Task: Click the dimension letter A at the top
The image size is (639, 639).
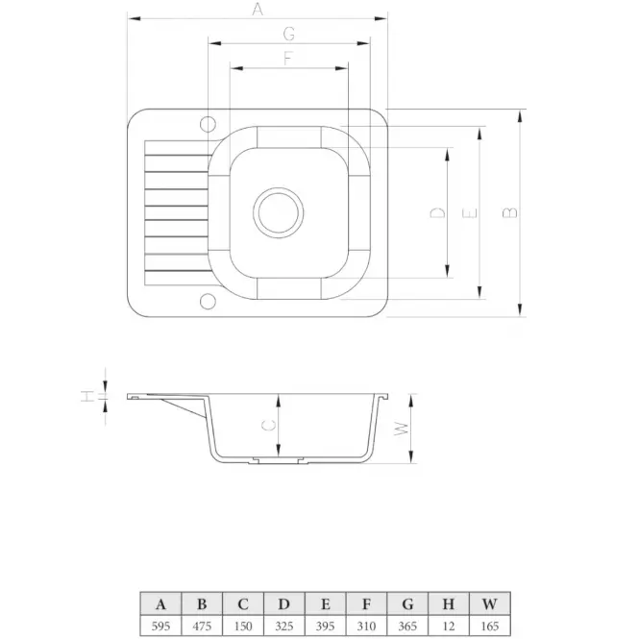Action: coord(257,10)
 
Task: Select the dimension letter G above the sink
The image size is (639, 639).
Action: coord(288,34)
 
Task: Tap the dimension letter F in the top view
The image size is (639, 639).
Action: coord(287,58)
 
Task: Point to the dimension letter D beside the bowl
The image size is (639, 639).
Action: coord(437,213)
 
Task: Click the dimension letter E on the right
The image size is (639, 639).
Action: coord(469,213)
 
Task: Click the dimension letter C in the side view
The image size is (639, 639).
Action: coord(269,424)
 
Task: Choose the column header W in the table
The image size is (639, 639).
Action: coord(490,603)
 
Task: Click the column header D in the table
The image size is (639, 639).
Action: coord(284,603)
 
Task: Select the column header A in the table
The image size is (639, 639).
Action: coord(160,603)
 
